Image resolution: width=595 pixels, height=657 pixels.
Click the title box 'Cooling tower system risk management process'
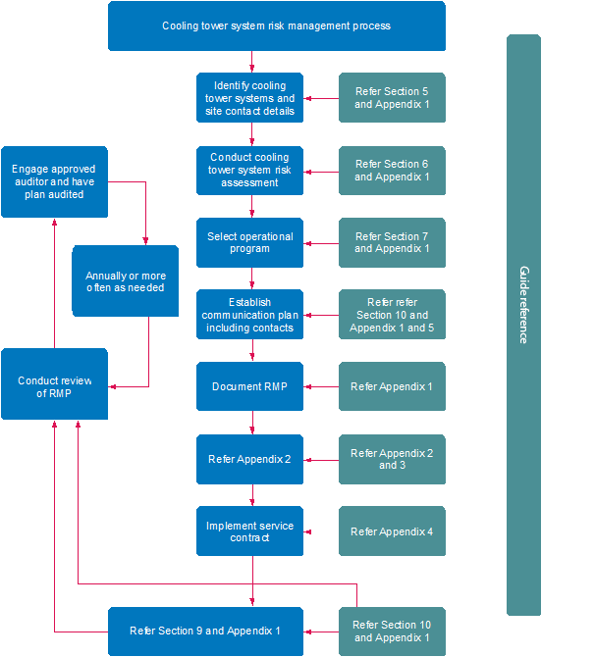276,25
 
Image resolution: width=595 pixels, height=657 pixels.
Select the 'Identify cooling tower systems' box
249,98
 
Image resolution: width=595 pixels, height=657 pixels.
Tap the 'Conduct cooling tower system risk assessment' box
249,170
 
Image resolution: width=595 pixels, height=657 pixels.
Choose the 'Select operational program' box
249,242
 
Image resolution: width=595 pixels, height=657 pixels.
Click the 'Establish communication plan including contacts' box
249,315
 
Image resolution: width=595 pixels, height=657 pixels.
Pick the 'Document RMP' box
249,386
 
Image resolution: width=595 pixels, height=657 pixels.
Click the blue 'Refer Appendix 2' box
249,459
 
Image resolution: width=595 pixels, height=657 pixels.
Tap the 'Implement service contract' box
249,531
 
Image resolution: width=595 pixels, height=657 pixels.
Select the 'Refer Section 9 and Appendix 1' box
205,632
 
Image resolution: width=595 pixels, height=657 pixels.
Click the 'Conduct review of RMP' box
54,386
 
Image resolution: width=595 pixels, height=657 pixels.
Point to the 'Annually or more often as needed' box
125,281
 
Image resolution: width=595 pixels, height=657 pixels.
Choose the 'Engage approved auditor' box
54,181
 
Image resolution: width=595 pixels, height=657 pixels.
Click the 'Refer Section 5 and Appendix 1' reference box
392,98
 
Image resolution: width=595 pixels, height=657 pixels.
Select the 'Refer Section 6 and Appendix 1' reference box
392,170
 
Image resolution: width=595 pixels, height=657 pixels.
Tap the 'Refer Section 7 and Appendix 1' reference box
392,242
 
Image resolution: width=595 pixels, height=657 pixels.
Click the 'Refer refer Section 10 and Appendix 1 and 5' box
392,315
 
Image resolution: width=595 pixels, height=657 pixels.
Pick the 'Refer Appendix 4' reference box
392,531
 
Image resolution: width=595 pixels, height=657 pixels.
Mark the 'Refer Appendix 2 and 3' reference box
392,459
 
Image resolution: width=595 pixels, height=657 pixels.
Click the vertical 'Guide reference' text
523,304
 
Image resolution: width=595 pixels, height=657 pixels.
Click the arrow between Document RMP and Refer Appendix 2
252,423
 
